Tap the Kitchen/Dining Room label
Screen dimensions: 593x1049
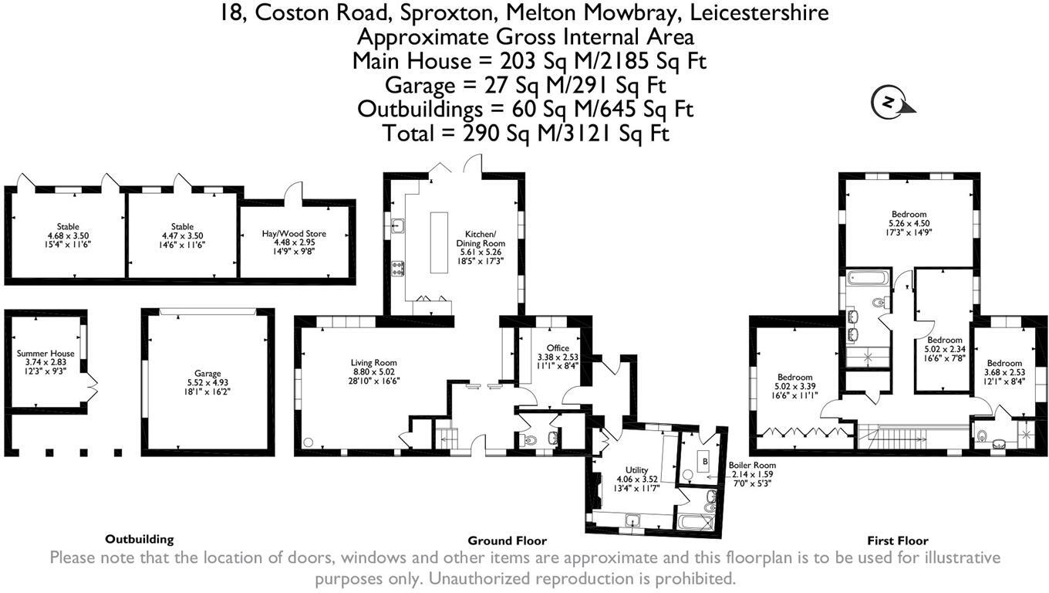[485, 247]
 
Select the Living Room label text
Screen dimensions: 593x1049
[373, 371]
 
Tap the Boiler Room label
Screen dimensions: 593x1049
[752, 474]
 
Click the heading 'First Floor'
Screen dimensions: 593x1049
[898, 540]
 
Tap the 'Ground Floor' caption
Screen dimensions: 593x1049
[507, 540]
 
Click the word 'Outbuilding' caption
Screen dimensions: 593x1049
[139, 539]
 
